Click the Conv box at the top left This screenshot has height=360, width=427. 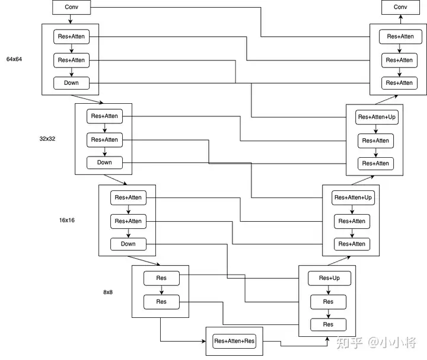(71, 8)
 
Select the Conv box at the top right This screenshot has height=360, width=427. (400, 8)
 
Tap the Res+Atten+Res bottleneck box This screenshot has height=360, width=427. (234, 341)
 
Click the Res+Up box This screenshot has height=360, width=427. (329, 278)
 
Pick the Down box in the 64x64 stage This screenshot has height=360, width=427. (71, 82)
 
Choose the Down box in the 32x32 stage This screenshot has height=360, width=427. (104, 163)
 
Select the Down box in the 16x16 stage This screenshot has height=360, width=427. (128, 244)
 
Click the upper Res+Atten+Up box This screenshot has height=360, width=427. (377, 117)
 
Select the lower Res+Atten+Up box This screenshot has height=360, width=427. (353, 197)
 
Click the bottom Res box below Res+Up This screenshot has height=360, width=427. (328, 324)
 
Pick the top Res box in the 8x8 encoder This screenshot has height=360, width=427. (161, 278)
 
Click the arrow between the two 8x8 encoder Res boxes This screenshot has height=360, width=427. (161, 290)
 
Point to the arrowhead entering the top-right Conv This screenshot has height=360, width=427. (400, 17)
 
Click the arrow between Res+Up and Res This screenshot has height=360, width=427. (329, 290)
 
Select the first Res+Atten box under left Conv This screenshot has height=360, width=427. (71, 36)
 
